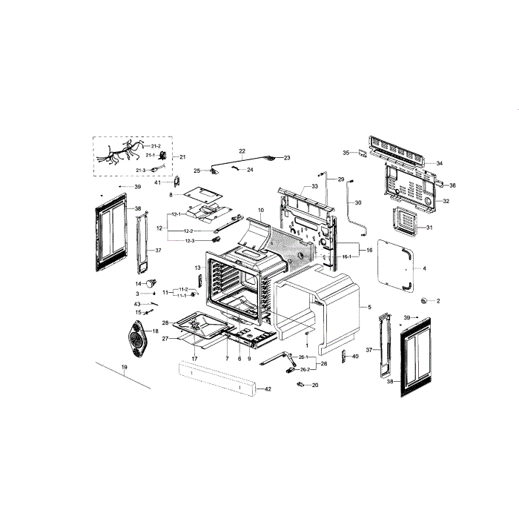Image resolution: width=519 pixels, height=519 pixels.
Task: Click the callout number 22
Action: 242,151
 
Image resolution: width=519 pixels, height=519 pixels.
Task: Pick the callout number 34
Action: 439,163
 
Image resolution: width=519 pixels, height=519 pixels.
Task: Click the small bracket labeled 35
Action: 361,153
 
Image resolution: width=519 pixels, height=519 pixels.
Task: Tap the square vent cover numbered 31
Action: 405,221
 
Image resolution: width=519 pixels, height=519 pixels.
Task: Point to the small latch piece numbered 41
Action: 176,181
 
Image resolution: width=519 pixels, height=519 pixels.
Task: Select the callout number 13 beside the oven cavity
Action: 198,267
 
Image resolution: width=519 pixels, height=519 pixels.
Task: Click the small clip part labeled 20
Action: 301,385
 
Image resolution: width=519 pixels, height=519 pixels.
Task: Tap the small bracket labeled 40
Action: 344,357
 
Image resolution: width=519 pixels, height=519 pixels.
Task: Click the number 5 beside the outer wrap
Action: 368,307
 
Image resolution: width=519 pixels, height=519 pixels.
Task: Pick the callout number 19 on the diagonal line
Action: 125,368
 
